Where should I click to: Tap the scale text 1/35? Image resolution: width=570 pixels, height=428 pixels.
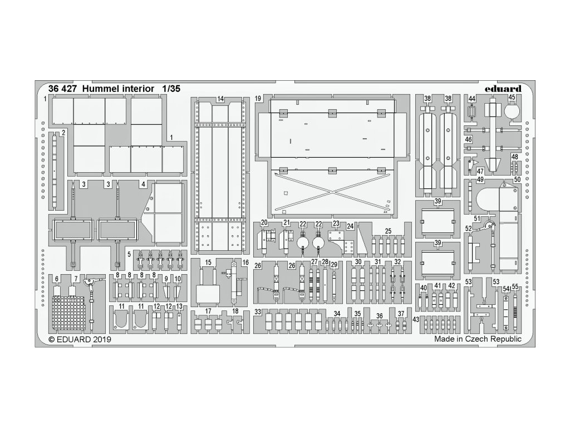point(171,89)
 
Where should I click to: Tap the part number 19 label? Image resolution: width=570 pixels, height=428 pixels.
point(258,99)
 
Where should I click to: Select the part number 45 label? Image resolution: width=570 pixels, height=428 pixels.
point(512,98)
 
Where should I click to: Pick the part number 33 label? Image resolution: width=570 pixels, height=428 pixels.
point(258,312)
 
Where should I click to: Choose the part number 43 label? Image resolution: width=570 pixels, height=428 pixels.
point(416,319)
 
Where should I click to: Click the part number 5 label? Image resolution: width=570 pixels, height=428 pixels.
point(129,254)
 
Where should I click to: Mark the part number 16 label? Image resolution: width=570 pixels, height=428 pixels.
point(245,262)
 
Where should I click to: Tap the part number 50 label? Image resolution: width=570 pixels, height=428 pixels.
point(517,179)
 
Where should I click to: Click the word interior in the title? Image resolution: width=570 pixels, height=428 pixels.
point(136,89)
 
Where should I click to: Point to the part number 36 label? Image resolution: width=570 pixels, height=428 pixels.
point(379,315)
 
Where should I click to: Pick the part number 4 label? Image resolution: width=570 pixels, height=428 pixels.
point(143,183)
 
